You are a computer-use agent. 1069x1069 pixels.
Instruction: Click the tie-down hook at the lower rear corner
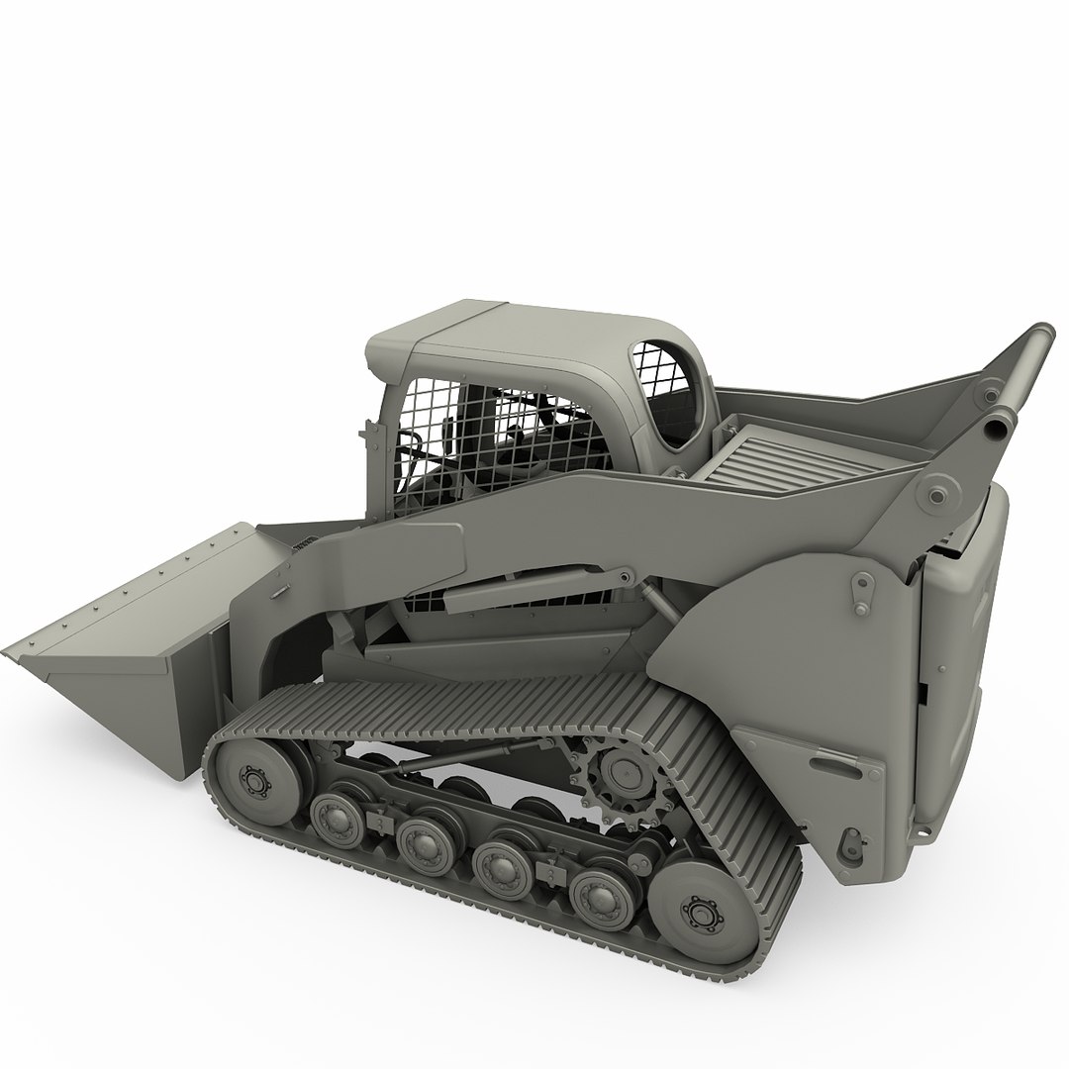coord(849,846)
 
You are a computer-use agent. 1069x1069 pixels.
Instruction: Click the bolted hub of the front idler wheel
coord(255,781)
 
